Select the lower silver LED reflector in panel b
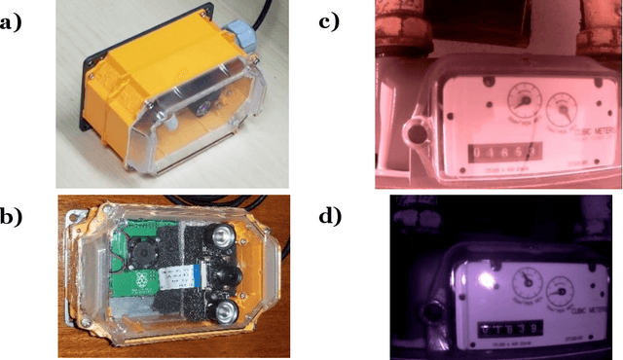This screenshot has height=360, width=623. tap(225, 310)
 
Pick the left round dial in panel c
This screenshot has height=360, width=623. tap(523, 101)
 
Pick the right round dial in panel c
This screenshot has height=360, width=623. tap(563, 106)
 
